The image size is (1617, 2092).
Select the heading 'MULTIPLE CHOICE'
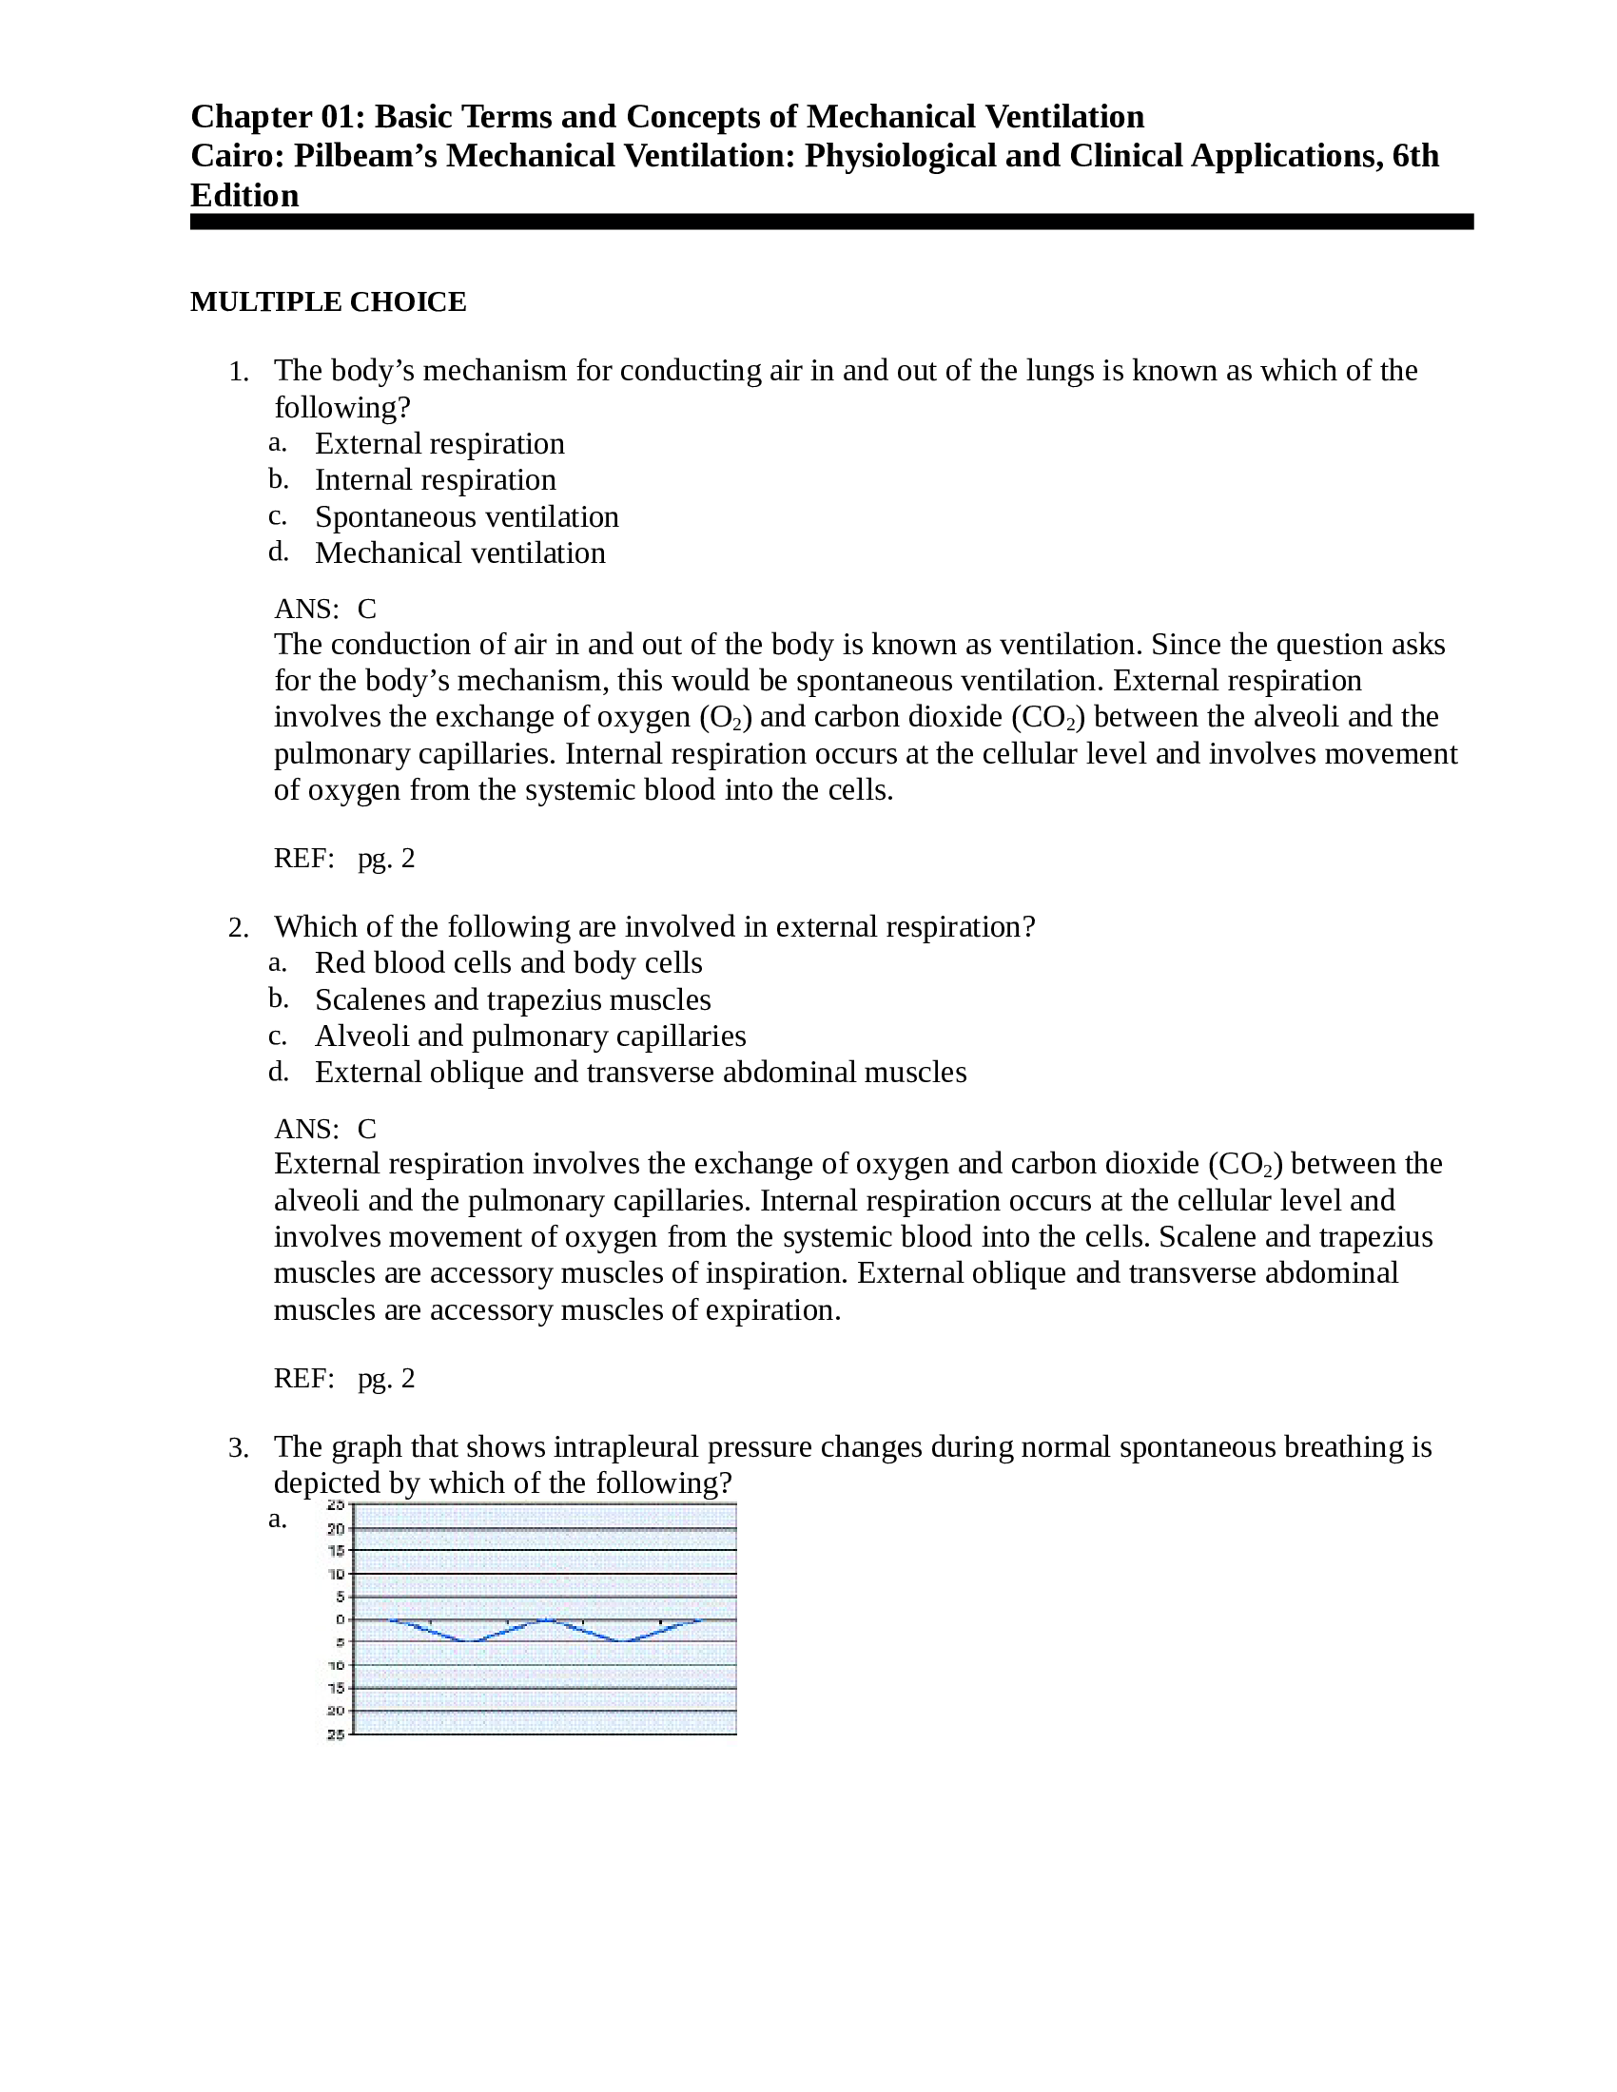pos(327,301)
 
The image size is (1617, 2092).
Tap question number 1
pos(239,372)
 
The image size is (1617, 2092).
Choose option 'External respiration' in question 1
pos(438,443)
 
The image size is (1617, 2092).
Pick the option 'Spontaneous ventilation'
pos(466,516)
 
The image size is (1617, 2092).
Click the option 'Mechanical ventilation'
pos(459,552)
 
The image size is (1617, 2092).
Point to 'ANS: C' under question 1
pos(324,609)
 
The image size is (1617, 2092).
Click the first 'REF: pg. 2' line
pos(344,858)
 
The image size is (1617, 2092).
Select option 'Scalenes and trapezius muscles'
pos(513,999)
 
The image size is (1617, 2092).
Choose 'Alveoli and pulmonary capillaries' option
pos(530,1036)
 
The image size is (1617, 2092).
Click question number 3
pos(239,1447)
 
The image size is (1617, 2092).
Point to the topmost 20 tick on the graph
pos(335,1530)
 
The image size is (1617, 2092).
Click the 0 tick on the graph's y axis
pos(340,1619)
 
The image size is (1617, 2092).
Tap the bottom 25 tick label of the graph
pos(335,1734)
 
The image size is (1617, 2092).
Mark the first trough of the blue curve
pos(469,1642)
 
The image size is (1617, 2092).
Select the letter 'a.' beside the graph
pos(277,1520)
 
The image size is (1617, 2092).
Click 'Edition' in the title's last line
pos(244,195)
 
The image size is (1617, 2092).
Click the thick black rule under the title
pos(830,222)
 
